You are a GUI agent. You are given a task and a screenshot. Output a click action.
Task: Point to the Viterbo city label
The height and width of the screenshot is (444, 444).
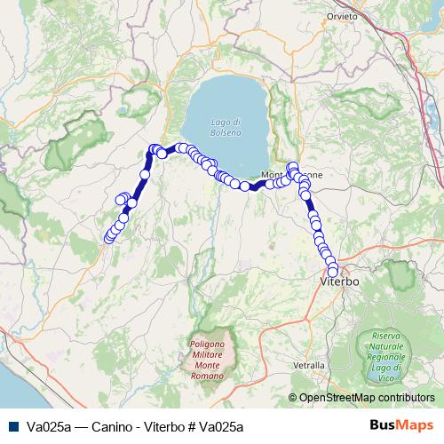click(x=338, y=281)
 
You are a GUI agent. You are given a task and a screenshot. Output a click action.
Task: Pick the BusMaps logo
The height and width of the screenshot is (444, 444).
click(x=401, y=425)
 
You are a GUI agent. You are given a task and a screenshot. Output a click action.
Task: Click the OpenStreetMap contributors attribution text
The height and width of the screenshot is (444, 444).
click(x=366, y=398)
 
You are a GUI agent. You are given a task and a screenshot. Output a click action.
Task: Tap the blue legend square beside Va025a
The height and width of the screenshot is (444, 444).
click(x=13, y=426)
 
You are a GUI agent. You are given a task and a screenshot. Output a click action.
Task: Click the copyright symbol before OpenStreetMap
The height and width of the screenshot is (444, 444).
click(x=293, y=398)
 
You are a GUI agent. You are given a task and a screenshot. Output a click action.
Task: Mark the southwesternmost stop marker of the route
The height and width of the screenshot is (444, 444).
click(x=109, y=238)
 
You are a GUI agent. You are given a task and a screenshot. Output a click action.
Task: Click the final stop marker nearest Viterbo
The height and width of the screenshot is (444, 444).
click(x=334, y=271)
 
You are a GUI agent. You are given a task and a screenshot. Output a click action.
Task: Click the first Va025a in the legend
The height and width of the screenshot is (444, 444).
click(x=48, y=426)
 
